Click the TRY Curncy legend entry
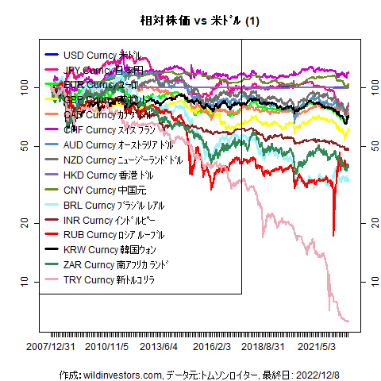[x=108, y=280]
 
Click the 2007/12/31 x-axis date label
[x=51, y=347]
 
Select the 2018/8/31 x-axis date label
[x=263, y=347]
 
